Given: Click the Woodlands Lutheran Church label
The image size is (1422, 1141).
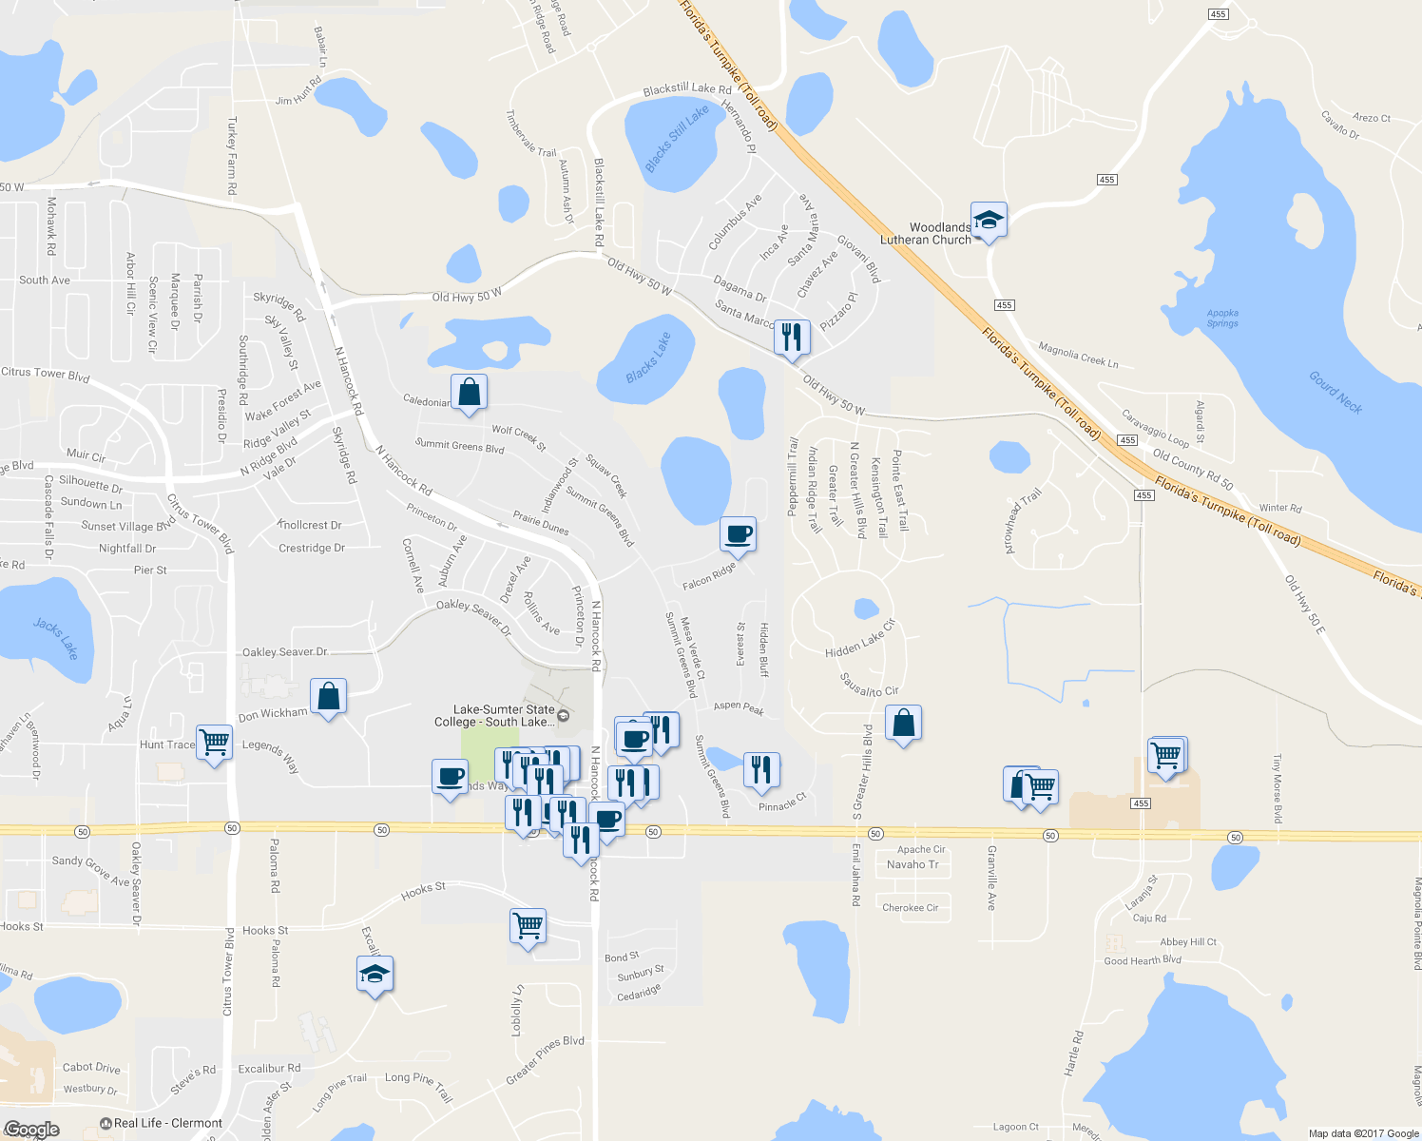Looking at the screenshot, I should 926,234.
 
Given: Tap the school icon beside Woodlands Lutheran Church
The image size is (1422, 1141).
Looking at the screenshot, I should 989,221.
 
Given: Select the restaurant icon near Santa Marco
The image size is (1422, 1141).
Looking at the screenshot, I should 791,337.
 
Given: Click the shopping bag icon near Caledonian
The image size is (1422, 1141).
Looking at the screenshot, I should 469,392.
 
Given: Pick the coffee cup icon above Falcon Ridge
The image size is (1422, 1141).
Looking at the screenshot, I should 739,534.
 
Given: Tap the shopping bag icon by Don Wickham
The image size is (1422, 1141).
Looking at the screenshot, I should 328,697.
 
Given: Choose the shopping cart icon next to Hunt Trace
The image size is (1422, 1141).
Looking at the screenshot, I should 214,744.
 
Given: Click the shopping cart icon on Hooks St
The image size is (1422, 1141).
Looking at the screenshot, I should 528,925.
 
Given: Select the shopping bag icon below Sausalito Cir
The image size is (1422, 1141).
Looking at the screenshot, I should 903,724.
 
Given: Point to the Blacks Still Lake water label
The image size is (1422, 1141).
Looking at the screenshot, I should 677,139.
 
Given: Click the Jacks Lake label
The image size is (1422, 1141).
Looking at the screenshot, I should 56,639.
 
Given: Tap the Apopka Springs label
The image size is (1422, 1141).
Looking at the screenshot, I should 1222,318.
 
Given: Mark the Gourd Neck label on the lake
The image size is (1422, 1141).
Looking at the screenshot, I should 1336,392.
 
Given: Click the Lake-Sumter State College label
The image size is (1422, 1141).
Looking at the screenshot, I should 503,716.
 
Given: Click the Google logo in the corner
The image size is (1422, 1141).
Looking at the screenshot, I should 32,1130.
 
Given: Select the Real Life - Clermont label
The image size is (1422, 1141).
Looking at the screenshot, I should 167,1123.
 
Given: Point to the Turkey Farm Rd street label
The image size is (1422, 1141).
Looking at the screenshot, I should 231,156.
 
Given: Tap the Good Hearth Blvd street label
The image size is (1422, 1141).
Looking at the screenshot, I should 1143,960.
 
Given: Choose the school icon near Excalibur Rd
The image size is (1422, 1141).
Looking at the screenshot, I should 375,975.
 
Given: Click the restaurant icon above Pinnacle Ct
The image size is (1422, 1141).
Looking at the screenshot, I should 760,769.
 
